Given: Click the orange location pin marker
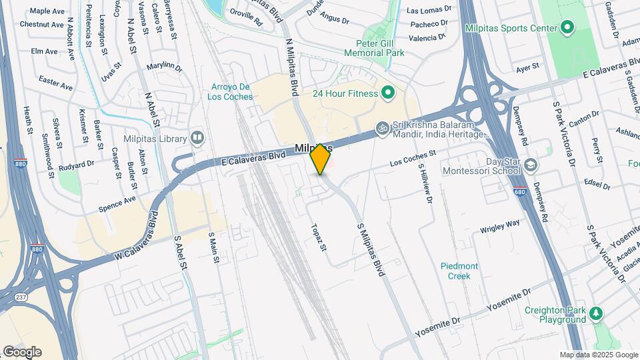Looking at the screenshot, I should (x=321, y=159).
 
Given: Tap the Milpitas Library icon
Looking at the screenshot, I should (x=197, y=138).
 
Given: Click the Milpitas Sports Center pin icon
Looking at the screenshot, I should (x=567, y=27).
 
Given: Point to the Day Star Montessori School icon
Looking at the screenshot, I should (x=530, y=165).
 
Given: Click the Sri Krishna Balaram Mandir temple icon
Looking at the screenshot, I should (x=382, y=127).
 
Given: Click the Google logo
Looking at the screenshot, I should (x=22, y=352).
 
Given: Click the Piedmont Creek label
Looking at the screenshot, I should (x=459, y=271).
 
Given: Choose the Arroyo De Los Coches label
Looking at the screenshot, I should (x=231, y=91).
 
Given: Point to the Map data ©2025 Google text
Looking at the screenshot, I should (x=598, y=355).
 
